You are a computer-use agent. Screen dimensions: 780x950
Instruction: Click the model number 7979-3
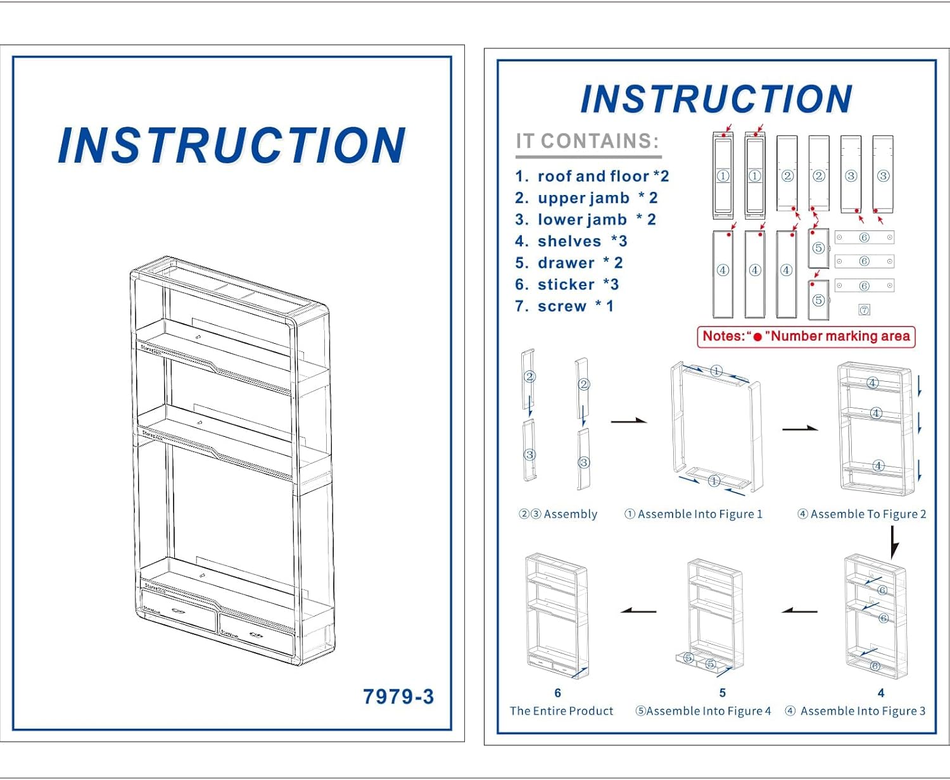pos(398,696)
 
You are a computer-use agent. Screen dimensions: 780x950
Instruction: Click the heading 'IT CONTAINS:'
pos(588,141)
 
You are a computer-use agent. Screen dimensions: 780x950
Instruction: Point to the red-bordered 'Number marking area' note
pos(806,336)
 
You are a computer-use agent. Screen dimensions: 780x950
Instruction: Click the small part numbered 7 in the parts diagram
pos(864,310)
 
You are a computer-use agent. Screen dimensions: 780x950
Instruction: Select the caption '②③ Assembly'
pos(558,514)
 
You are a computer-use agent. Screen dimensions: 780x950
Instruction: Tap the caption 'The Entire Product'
pos(561,711)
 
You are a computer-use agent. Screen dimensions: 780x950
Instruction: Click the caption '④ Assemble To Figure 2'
pos(862,514)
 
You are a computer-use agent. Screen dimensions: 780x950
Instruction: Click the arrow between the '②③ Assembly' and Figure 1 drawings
pos(628,421)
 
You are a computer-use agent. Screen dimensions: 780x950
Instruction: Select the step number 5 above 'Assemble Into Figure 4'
pos(722,693)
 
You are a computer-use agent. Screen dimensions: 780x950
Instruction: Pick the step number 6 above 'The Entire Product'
pos(557,693)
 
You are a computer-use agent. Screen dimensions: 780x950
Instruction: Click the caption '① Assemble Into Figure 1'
pos(693,514)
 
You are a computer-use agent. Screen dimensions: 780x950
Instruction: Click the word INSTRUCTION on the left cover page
pos(231,146)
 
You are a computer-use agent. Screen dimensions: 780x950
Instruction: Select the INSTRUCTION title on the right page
pos(716,99)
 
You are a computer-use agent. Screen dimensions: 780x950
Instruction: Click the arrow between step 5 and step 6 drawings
pos(638,611)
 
